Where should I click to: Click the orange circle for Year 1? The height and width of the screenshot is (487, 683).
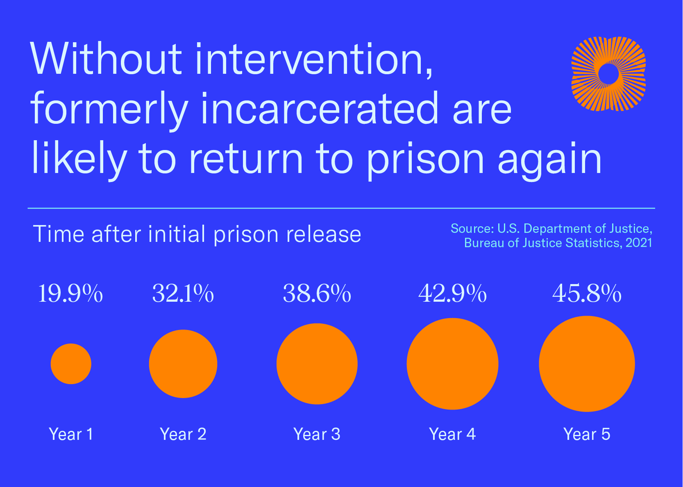tap(71, 364)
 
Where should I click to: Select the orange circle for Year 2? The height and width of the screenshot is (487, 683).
tap(183, 364)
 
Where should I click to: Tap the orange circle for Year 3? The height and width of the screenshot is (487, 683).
tap(317, 364)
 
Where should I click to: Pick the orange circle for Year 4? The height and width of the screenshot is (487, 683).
tap(452, 364)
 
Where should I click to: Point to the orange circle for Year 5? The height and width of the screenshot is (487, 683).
tap(587, 364)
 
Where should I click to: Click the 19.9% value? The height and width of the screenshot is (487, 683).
tap(70, 294)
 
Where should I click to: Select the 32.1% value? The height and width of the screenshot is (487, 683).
tap(183, 294)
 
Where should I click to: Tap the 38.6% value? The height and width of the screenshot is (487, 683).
tap(317, 294)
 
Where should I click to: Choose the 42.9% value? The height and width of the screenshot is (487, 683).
tap(452, 294)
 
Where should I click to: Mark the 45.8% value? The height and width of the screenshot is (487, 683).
tap(587, 294)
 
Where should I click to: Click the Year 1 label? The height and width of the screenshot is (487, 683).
tap(71, 434)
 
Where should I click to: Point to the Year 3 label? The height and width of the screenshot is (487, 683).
tap(317, 434)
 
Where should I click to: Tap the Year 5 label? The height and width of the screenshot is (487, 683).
tap(587, 434)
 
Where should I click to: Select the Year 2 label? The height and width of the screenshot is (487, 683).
tap(183, 434)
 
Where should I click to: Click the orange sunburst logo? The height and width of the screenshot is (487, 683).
tap(608, 74)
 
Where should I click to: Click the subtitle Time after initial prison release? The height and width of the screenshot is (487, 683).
tap(197, 234)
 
